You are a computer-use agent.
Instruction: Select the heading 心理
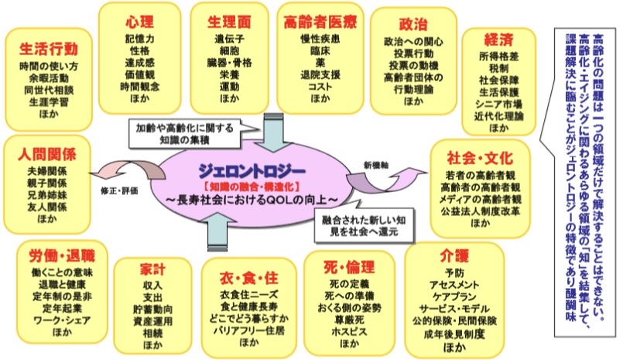[x=139, y=21]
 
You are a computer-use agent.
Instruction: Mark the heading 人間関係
[x=46, y=152]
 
